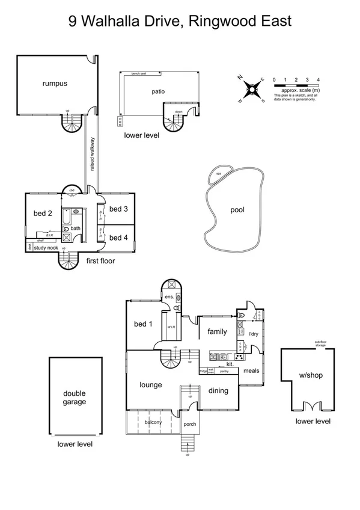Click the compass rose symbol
point(252,90)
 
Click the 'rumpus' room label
point(55,84)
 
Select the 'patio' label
point(158,91)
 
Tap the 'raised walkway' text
point(93,155)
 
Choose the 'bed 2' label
point(42,213)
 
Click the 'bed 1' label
point(143,324)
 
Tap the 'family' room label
point(217,331)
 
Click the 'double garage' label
point(75,398)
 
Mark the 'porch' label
point(190,424)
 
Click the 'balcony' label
point(153,422)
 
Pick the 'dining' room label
point(218,390)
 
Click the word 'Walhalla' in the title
point(135,22)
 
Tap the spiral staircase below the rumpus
point(72,124)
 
